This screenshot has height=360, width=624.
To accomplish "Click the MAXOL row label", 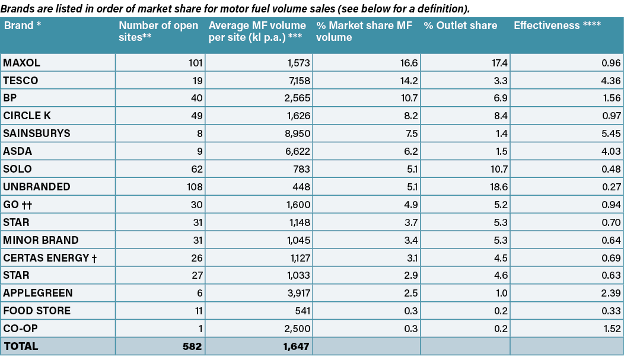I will point(21,63).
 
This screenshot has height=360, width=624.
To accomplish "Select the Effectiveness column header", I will point(557,26).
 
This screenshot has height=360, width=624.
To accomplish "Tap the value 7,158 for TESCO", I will point(297,81).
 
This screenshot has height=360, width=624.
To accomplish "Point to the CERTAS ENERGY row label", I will point(50,258).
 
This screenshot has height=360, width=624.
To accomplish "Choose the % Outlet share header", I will point(460,26).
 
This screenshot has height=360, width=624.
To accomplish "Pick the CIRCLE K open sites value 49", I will point(197,116).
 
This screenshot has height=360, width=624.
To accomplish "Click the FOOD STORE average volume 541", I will point(301,311).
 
